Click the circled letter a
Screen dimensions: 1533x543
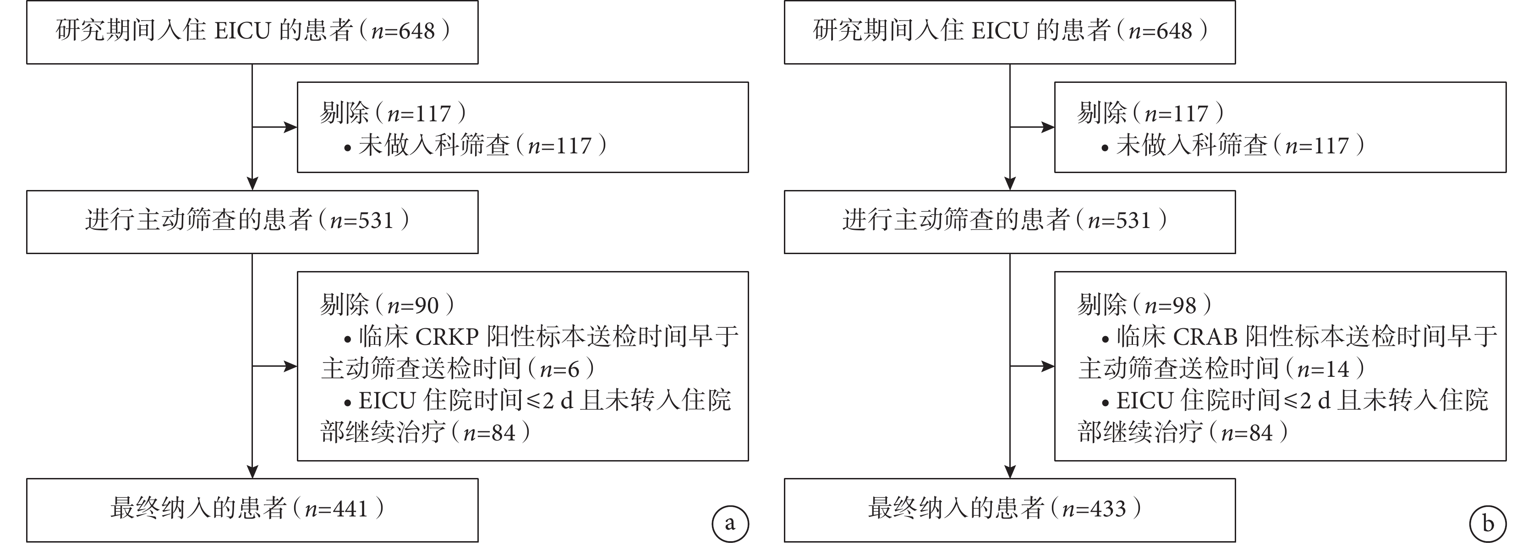click(730, 524)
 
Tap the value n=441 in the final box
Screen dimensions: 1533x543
click(336, 509)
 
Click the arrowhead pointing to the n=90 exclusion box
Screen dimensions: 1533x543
click(290, 366)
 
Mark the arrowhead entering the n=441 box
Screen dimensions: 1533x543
click(252, 472)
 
